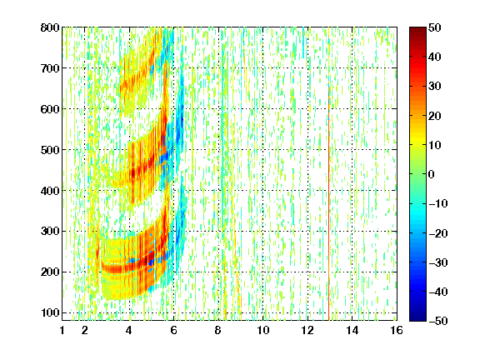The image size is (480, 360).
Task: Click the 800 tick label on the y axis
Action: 50,27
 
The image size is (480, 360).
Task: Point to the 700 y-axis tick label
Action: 50,68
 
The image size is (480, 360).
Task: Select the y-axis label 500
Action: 50,150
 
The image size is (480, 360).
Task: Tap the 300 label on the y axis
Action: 50,232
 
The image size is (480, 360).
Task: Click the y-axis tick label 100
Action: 50,312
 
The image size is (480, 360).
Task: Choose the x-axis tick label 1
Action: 62,330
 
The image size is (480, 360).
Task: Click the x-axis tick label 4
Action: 129,330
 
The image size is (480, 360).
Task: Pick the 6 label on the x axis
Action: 173,330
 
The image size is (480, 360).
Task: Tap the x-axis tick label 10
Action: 262,330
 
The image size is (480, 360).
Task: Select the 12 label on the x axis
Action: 307,330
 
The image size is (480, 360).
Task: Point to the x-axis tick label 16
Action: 397,330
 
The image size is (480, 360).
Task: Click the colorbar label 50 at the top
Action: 434,27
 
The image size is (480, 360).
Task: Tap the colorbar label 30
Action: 434,86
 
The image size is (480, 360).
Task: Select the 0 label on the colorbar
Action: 432,174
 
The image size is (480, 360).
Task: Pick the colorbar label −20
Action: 438,233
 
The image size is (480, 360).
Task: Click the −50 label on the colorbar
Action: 438,321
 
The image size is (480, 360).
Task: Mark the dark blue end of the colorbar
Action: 417,318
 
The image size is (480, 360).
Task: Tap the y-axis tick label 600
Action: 50,109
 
